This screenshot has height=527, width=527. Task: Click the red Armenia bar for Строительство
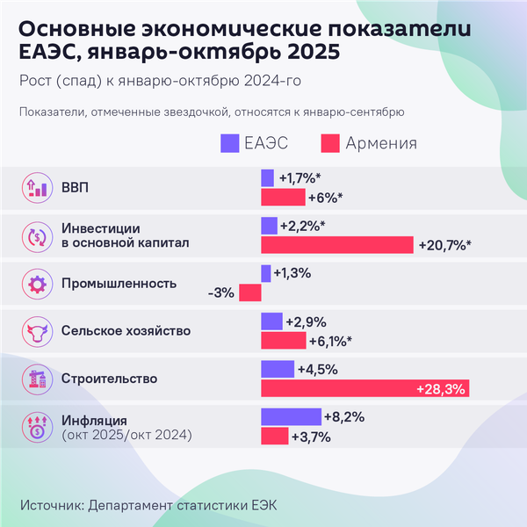(x=365, y=388)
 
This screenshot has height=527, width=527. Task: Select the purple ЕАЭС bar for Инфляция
(x=291, y=416)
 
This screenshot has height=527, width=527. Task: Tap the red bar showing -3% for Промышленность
(x=250, y=292)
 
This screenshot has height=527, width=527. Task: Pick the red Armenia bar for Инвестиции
(x=337, y=244)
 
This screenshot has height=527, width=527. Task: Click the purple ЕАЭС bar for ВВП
(x=267, y=177)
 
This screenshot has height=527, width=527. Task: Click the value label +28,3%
(x=441, y=388)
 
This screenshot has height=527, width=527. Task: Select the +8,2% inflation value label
(x=344, y=416)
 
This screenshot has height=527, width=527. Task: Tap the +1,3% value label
(x=293, y=273)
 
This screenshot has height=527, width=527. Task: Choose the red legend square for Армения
(x=331, y=142)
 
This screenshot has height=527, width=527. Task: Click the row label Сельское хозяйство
(x=126, y=331)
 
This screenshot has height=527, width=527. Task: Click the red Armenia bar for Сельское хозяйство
(x=284, y=341)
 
